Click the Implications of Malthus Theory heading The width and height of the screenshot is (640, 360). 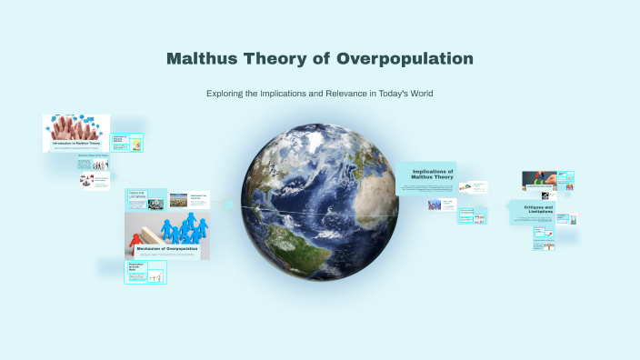click(x=426, y=174)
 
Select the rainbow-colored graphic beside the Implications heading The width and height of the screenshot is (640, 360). click(x=465, y=187)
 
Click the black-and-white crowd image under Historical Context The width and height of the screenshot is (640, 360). click(x=89, y=180)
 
